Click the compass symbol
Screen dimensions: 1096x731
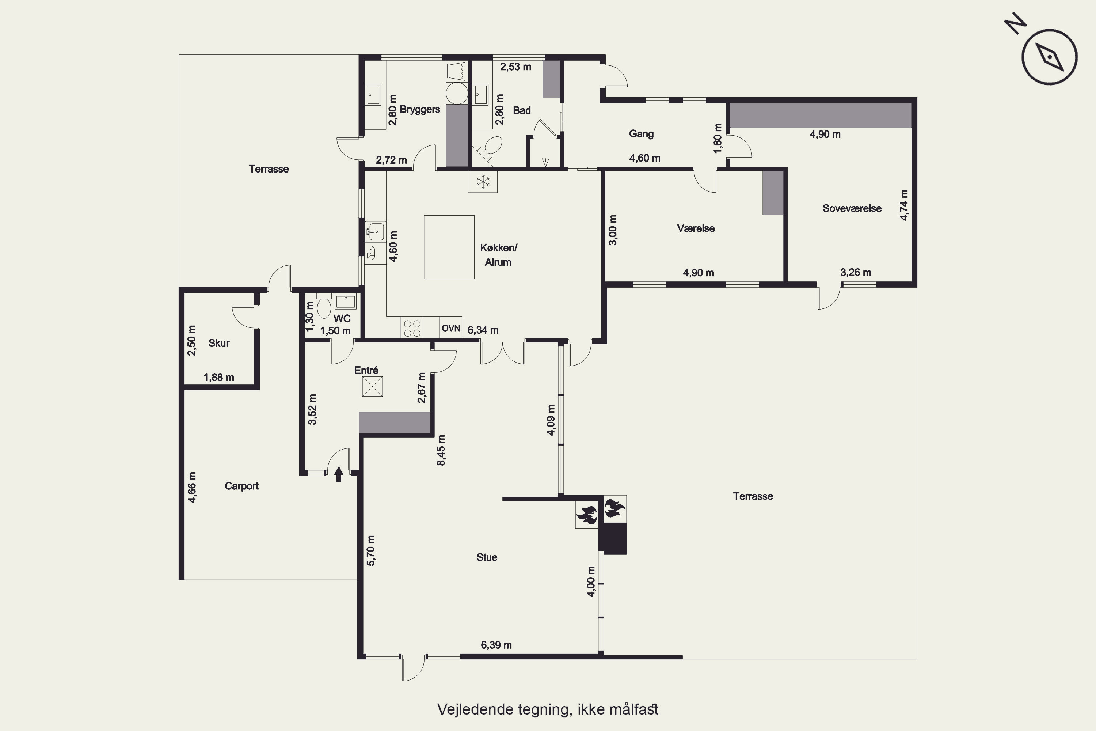coord(1049,57)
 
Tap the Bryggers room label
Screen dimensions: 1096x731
coord(420,110)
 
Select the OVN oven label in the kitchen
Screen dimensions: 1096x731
coord(450,328)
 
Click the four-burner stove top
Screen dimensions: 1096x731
coord(412,327)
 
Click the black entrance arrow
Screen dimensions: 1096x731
coord(339,474)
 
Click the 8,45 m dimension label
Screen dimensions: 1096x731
coord(441,450)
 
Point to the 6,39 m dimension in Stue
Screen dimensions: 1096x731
coord(496,645)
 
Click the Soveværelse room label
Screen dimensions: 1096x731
coord(852,208)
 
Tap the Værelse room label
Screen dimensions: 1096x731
coord(696,228)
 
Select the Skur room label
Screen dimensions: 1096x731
coord(218,343)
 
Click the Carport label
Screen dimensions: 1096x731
coord(241,486)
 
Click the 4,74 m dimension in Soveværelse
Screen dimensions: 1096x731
coord(904,205)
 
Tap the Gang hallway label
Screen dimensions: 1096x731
coord(641,134)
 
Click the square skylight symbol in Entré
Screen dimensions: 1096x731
coord(372,386)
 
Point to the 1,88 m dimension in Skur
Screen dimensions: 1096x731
coord(219,377)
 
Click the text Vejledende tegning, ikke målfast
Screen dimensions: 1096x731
coord(548,709)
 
